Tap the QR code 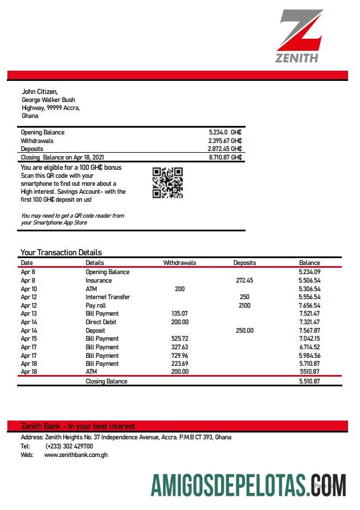tap(167, 183)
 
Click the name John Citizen tap(39, 91)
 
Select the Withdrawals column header tap(179, 263)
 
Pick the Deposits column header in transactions tap(244, 263)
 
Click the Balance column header tap(309, 263)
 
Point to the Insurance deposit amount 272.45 tap(244, 280)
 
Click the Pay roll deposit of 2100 tap(244, 305)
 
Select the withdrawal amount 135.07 tap(179, 313)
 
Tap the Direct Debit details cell tap(102, 322)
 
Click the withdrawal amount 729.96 tap(179, 355)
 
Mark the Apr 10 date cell tap(28, 289)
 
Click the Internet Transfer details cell tap(108, 297)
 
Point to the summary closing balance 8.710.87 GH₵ tap(225, 157)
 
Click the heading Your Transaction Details tap(61, 252)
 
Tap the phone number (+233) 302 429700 tap(69, 446)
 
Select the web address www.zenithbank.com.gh tap(76, 455)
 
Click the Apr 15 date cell tap(28, 338)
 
